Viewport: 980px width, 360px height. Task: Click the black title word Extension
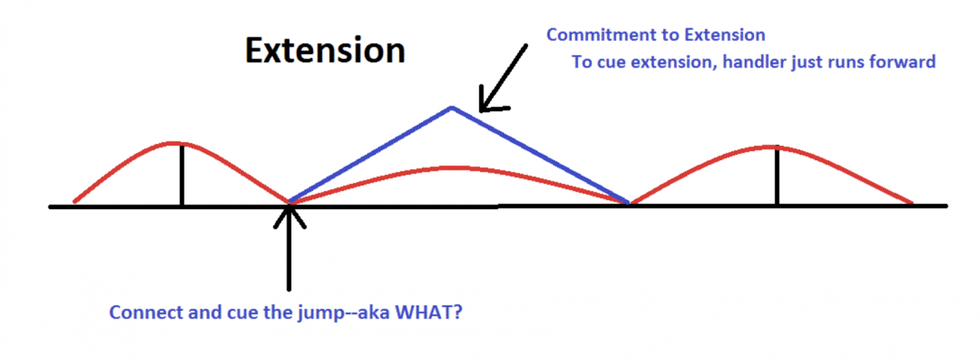[x=325, y=51]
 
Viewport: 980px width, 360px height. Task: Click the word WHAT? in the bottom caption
[x=428, y=313]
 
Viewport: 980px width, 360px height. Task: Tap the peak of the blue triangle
[x=452, y=107]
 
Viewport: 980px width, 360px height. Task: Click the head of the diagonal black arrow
[x=482, y=110]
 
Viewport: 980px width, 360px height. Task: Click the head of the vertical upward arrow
[x=289, y=206]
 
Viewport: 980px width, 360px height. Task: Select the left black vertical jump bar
[x=182, y=175]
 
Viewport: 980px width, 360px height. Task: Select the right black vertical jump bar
[x=777, y=175]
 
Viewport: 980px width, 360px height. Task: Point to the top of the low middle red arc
[x=455, y=168]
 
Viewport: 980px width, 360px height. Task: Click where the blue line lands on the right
[x=628, y=203]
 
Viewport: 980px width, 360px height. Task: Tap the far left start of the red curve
[x=75, y=201]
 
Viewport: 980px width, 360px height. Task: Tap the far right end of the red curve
[x=911, y=203]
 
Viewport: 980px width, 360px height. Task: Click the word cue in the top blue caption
[x=611, y=62]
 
